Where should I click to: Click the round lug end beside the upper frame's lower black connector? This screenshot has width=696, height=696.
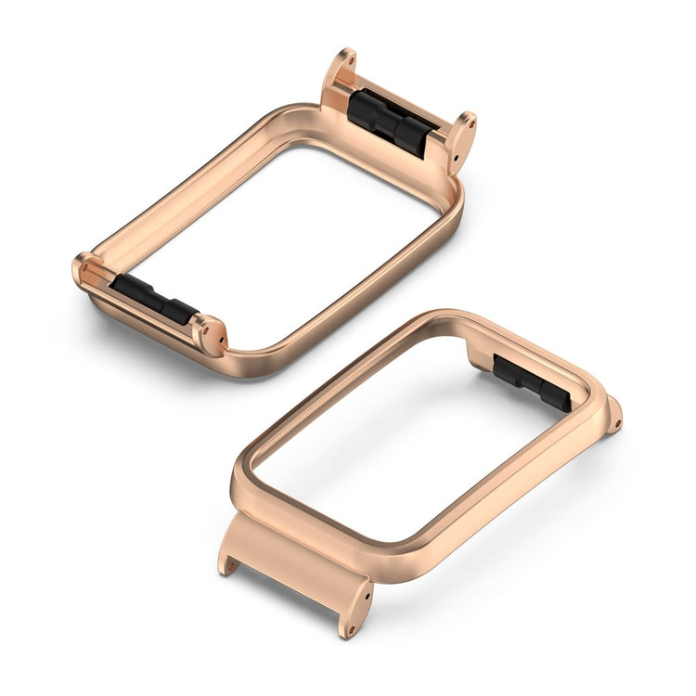pyautogui.click(x=211, y=335)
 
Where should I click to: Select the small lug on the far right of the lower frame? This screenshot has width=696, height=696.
pyautogui.click(x=612, y=416)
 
